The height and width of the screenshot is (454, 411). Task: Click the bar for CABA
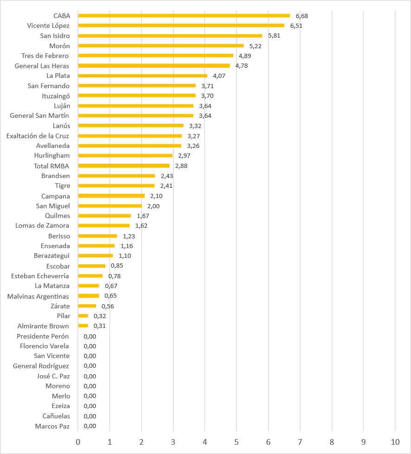(x=184, y=16)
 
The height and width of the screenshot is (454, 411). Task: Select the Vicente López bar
(x=181, y=26)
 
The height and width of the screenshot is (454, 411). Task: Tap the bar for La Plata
(x=143, y=76)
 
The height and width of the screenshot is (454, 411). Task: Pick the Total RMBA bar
(x=124, y=166)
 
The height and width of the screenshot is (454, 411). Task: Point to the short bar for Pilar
(x=83, y=316)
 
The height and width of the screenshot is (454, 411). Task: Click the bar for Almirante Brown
(x=83, y=326)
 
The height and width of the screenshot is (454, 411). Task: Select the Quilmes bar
(x=104, y=216)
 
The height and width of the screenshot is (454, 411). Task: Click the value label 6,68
(x=302, y=16)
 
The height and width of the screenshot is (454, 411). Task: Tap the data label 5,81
(x=274, y=36)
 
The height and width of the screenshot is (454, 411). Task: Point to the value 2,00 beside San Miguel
(x=153, y=206)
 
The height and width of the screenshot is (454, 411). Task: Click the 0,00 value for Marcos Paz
(x=90, y=426)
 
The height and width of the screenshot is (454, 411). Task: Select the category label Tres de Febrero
(x=45, y=56)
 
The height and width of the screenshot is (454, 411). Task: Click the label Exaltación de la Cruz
(x=38, y=136)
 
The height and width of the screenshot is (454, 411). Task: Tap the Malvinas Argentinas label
(x=38, y=296)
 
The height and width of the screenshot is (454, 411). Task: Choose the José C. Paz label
(x=53, y=376)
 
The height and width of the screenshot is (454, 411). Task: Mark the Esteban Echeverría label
(x=40, y=276)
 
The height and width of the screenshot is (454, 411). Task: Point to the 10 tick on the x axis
(x=395, y=442)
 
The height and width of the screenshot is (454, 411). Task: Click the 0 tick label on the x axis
(x=78, y=442)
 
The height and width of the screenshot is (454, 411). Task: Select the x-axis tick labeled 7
(x=300, y=442)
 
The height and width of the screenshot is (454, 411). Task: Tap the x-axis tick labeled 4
(x=205, y=442)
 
